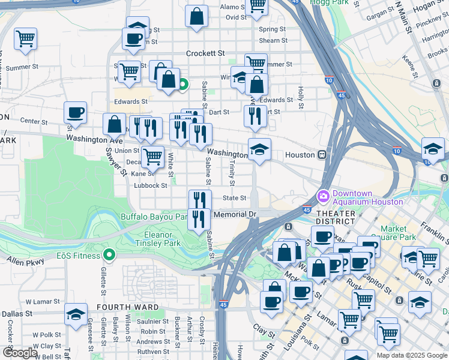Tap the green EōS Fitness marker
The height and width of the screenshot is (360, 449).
pos(109,255)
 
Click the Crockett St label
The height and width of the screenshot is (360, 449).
pos(205,53)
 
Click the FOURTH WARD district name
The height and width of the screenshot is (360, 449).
pos(128,307)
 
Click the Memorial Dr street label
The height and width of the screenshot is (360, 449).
pos(235,214)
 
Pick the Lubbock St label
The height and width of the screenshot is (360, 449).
pos(150,186)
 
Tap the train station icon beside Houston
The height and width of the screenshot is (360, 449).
pos(322,154)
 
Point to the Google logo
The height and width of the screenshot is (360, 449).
pos(20,353)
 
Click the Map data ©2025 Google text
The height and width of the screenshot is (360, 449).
pos(412,355)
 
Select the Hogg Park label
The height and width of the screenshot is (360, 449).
pos(329,2)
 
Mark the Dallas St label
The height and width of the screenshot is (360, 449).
pos(16,313)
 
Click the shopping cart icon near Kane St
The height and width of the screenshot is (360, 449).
pos(152,157)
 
